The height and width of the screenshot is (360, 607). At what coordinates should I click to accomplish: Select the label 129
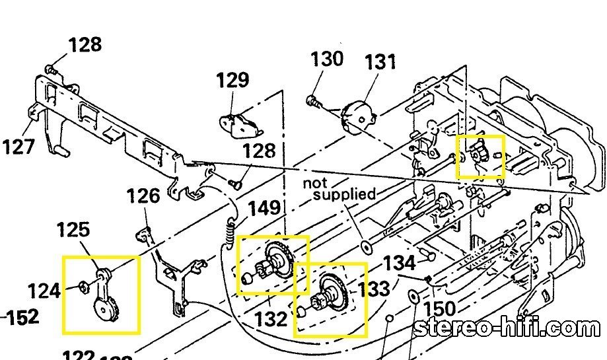[232, 81]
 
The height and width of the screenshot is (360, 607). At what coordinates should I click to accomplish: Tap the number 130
[327, 59]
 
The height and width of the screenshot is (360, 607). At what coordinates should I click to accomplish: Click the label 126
[143, 196]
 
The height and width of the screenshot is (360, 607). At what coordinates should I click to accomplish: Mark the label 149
[265, 209]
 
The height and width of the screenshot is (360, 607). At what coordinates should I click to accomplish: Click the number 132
[271, 319]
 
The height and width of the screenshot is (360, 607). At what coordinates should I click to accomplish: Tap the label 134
[399, 263]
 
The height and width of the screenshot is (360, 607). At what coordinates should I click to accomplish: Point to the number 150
[440, 309]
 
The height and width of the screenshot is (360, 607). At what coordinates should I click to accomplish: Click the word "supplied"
[344, 194]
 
